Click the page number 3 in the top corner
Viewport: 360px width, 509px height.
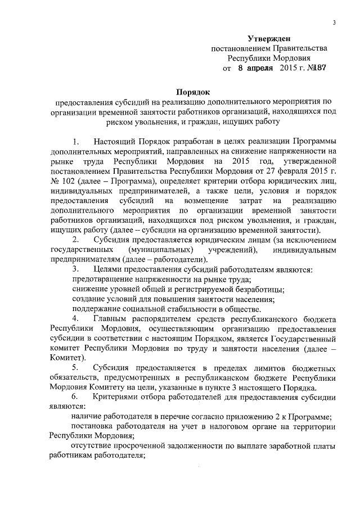click(334, 22)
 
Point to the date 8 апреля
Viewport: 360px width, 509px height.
click(253, 67)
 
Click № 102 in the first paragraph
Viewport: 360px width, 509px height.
click(64, 181)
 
